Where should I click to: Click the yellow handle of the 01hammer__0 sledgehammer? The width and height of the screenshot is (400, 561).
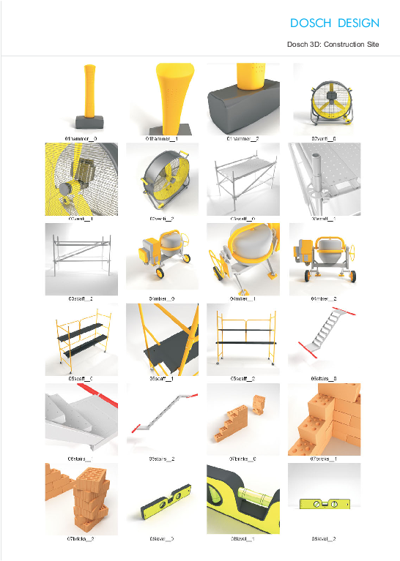click(90, 88)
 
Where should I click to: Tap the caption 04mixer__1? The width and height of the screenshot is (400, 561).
click(242, 298)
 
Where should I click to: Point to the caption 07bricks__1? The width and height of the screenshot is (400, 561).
click(323, 459)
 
